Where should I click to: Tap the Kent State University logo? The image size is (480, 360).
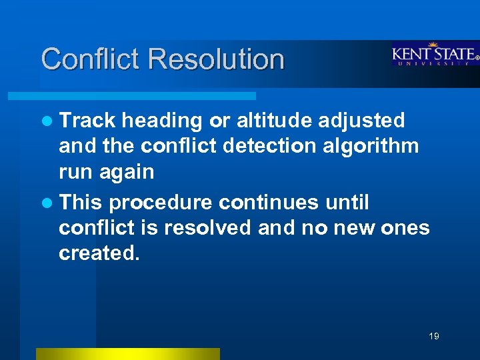[x=435, y=54]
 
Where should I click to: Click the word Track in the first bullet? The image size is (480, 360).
[x=87, y=121]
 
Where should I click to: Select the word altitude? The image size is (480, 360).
[x=274, y=121]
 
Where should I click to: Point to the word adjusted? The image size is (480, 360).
[x=361, y=121]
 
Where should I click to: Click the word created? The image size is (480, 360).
[x=100, y=254]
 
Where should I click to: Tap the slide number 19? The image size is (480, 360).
[x=434, y=336]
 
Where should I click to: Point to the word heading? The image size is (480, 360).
[x=162, y=121]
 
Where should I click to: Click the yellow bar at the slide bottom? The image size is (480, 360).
[x=127, y=353]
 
